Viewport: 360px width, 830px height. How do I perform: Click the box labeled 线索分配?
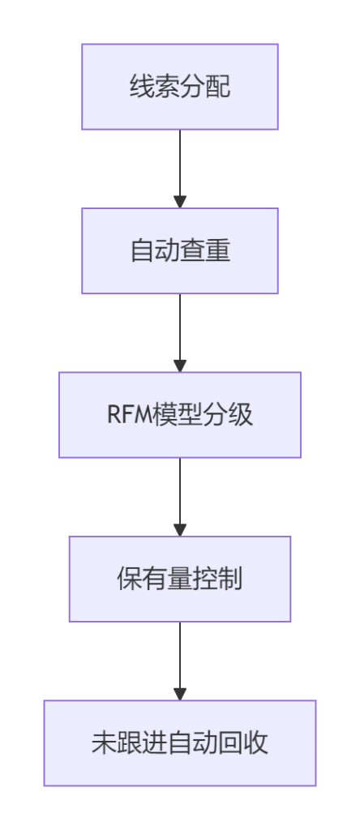[180, 87]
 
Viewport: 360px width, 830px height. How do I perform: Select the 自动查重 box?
[180, 251]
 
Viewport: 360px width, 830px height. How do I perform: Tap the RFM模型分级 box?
[180, 415]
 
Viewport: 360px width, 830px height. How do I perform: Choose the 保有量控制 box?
[180, 579]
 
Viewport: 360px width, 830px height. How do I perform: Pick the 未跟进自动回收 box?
[180, 743]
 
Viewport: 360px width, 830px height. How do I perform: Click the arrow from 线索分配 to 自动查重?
[180, 169]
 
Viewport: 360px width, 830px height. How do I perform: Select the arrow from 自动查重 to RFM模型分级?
[180, 333]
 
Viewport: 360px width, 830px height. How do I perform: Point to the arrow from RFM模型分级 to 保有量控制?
[180, 497]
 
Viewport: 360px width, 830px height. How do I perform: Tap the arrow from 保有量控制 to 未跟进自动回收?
[180, 661]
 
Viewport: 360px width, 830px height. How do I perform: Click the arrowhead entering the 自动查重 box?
[180, 202]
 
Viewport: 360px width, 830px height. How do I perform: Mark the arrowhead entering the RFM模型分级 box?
[180, 366]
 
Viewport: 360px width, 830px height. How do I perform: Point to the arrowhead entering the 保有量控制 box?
[180, 530]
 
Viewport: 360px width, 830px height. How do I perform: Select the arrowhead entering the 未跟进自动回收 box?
[180, 694]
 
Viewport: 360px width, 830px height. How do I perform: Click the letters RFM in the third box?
[130, 415]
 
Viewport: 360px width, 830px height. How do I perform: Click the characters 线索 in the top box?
[155, 87]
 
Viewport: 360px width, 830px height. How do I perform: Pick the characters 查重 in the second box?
[205, 251]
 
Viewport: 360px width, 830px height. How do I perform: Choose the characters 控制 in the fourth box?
[217, 579]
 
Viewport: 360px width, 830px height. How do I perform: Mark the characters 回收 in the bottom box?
[243, 743]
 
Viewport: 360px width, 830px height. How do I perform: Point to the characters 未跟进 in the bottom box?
[129, 743]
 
